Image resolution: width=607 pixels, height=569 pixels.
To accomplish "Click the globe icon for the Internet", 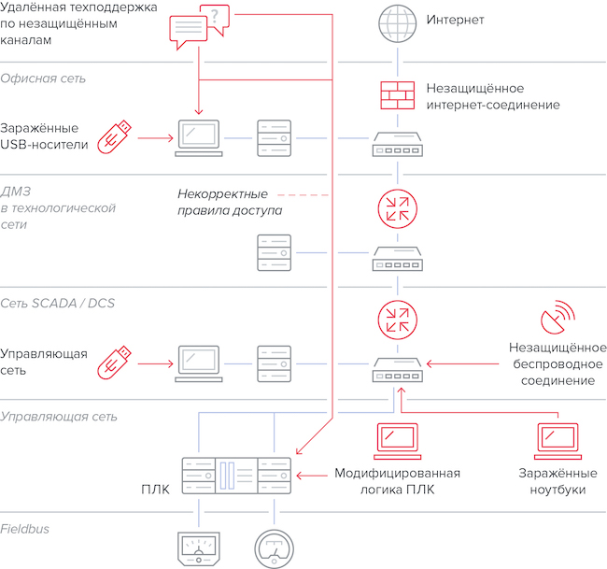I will (399, 20).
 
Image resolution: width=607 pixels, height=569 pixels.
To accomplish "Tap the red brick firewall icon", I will (399, 93).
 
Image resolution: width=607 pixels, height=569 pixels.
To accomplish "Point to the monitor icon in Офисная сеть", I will (199, 137).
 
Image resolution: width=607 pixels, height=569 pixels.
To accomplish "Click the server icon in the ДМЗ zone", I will (274, 252).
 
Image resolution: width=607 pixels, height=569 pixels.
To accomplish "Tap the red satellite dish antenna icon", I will (558, 321).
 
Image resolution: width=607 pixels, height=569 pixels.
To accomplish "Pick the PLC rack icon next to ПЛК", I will (235, 477).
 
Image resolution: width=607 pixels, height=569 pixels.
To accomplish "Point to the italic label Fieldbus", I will (25, 529).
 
